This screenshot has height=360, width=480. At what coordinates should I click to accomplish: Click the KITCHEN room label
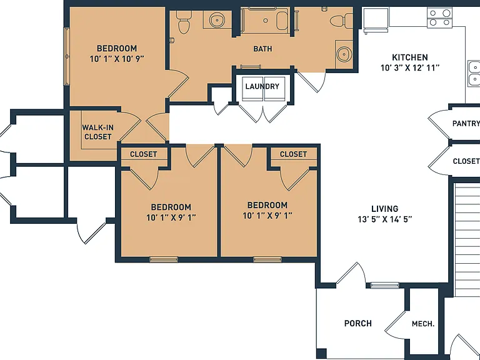point(410,57)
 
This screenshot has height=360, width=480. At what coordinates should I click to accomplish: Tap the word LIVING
point(385,209)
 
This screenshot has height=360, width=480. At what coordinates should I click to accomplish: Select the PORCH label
point(358,323)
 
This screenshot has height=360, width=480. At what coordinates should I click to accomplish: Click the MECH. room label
point(423,324)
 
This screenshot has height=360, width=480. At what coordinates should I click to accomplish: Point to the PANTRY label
point(466,123)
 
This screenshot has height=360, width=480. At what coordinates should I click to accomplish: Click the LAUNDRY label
point(262,86)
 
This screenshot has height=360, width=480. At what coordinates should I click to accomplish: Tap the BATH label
point(262,49)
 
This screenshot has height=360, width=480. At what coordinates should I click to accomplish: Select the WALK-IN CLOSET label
point(97,132)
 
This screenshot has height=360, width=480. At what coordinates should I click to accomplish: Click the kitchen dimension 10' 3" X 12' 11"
point(410,67)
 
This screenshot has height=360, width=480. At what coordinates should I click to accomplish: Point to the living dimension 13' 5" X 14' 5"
point(385,219)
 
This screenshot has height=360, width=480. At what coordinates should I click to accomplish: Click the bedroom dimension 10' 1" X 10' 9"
point(117,59)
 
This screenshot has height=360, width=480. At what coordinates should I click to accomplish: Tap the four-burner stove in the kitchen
point(439,17)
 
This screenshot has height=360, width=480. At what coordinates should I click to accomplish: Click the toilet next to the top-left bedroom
point(184,22)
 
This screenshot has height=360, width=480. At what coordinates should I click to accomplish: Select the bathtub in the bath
point(265,20)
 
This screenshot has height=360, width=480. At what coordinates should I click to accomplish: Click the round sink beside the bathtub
point(217,20)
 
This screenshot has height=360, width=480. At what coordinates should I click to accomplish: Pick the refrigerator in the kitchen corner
point(376,19)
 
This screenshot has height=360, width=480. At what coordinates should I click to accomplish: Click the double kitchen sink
point(474,74)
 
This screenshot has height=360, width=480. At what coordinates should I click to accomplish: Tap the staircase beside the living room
point(466,240)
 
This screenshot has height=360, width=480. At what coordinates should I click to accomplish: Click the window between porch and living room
point(385,285)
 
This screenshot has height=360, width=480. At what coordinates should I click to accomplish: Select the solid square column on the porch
point(321,353)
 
